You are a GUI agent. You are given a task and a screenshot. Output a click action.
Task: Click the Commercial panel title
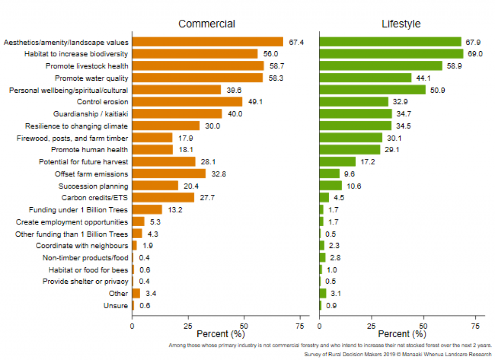point(206,24)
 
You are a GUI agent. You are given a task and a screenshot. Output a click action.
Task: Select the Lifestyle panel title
point(401,24)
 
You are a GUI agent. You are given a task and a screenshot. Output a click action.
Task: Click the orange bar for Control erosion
point(187,101)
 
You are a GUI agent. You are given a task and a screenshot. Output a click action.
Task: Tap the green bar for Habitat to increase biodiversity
point(391,54)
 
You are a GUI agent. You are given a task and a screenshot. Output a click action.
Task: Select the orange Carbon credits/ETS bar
point(163,198)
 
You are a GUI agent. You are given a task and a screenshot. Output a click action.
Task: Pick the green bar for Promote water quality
point(365,78)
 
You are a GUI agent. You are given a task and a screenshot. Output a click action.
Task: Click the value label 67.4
point(296,43)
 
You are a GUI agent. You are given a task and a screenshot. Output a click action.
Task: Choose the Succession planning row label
point(93,186)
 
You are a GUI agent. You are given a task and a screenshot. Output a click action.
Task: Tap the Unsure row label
point(116,306)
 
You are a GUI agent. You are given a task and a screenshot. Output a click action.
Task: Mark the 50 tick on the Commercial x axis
point(244,326)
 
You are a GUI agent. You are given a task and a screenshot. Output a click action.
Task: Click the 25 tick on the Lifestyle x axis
point(372,326)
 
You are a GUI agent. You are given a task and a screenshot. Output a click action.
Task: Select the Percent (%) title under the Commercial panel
point(221,334)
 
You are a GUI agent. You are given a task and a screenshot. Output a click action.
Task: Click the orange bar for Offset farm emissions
point(169,173)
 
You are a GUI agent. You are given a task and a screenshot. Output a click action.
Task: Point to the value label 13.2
point(175,210)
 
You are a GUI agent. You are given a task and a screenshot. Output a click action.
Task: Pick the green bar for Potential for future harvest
point(337,162)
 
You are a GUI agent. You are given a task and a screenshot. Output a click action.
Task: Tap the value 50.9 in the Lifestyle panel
point(439,90)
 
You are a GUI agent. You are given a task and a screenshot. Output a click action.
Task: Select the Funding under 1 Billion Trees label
point(78,210)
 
